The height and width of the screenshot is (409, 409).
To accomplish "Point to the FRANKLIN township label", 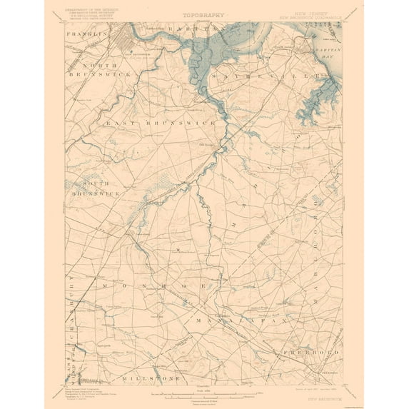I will [86, 34].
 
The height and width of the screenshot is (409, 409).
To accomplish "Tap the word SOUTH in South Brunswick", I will [86, 182].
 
